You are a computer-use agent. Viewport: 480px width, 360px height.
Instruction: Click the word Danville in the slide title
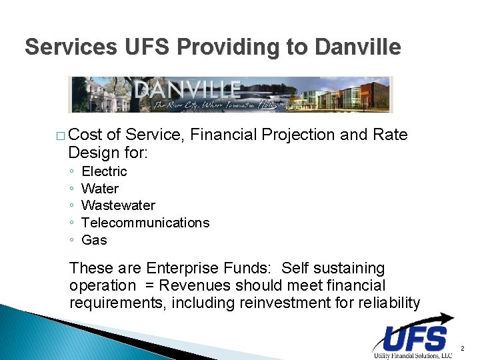(x=357, y=47)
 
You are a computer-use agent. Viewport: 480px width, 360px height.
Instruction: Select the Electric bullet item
(x=104, y=171)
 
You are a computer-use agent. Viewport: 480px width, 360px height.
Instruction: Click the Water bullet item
(x=100, y=189)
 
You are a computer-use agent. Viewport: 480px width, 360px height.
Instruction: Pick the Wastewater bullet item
(x=118, y=205)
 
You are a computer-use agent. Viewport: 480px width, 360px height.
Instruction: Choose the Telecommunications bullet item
(x=145, y=223)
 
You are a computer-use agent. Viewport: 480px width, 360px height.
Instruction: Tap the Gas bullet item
(x=94, y=240)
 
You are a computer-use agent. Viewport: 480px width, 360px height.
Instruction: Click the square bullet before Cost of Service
(x=61, y=136)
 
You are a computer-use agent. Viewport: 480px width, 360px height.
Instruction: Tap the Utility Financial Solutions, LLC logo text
(x=412, y=355)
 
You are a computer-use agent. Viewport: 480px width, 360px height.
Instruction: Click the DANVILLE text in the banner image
(x=187, y=89)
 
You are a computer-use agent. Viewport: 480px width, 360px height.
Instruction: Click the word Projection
(x=298, y=135)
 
